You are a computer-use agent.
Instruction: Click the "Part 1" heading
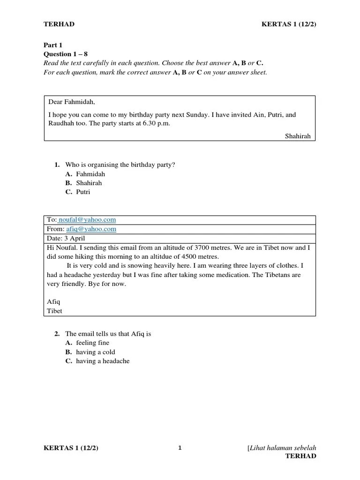53,45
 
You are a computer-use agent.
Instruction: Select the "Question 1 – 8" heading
66,54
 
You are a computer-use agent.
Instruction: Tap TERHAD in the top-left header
59,24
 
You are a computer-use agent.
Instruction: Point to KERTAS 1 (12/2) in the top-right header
289,24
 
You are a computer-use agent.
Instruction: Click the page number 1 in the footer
180,448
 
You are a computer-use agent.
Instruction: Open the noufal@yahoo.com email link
87,219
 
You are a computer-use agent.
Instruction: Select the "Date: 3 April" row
66,238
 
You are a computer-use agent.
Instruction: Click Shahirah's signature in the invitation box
298,136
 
